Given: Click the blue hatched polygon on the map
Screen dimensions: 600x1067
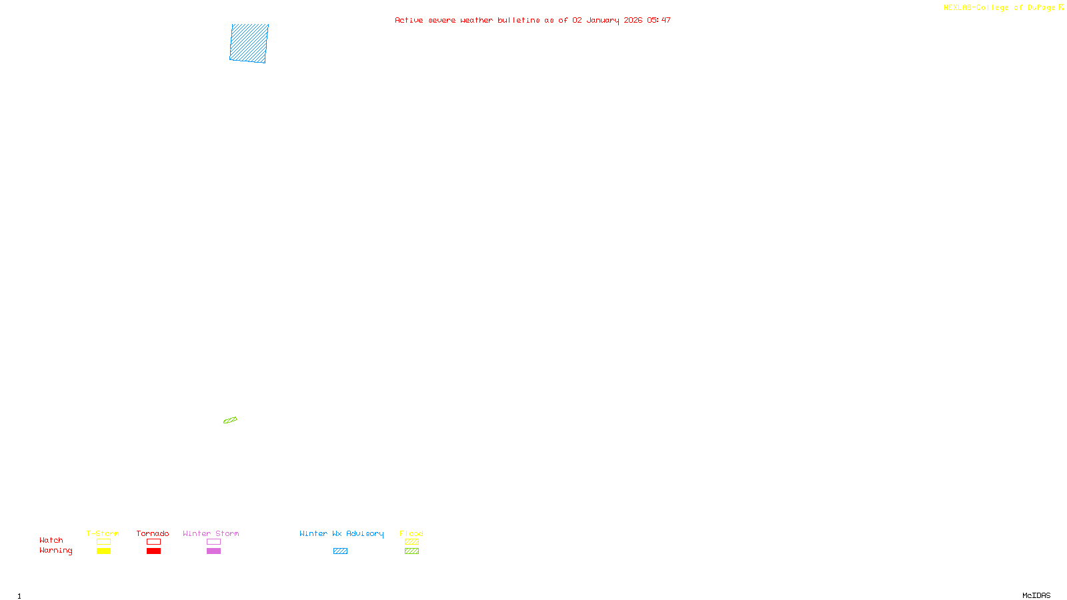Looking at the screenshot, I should (249, 43).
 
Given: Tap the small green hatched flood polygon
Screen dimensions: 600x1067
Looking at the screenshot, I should (230, 420).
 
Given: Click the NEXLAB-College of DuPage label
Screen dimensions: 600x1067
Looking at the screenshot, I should (999, 8).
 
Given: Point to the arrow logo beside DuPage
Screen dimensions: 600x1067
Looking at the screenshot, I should (1061, 7).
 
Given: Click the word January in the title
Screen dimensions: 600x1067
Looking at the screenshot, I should (602, 20).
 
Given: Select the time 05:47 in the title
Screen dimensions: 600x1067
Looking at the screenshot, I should (658, 20).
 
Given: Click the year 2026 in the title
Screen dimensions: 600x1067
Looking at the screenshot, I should (633, 20).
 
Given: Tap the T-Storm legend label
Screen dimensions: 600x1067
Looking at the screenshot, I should (103, 533).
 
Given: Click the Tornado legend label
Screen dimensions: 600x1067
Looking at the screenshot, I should (153, 533).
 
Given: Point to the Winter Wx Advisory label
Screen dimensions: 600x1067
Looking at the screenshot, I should (341, 533).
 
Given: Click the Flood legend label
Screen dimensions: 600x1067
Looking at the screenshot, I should (411, 533).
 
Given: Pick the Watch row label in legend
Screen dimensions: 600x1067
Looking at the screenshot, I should (51, 540).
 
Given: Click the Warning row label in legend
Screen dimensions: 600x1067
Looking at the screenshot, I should (55, 551).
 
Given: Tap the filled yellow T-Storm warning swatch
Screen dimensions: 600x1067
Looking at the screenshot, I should (103, 551).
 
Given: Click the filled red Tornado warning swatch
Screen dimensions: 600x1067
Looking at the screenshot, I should (153, 551).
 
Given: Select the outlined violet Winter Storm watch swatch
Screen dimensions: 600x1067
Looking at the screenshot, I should (213, 542).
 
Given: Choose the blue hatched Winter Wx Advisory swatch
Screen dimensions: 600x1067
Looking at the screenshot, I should (340, 551).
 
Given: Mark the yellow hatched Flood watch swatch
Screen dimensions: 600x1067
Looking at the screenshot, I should (411, 542).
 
